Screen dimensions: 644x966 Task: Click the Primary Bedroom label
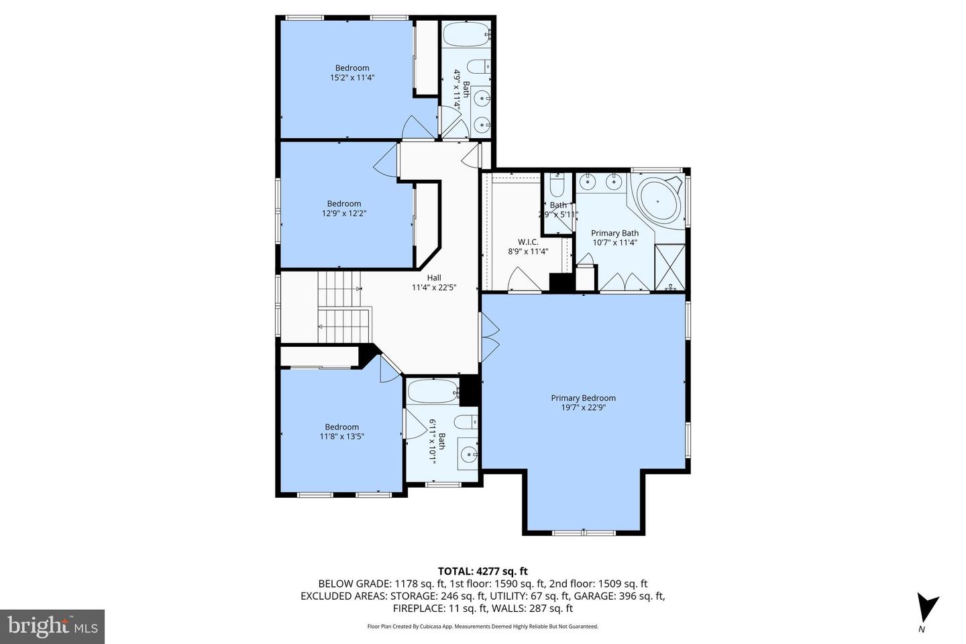point(583,398)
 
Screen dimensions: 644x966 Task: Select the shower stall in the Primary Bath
point(669,268)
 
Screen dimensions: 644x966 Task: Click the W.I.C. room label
point(528,242)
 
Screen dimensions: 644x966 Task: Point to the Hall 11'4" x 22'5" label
point(434,278)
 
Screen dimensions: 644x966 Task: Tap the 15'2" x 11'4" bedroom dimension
point(352,77)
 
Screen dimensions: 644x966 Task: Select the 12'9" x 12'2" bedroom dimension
point(343,213)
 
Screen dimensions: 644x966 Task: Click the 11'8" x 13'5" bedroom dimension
point(342,436)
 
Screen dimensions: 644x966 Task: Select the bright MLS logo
point(52,627)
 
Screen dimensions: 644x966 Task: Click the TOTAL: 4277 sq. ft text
point(483,572)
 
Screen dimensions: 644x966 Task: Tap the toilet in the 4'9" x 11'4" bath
point(479,66)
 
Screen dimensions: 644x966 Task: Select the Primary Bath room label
point(614,233)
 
